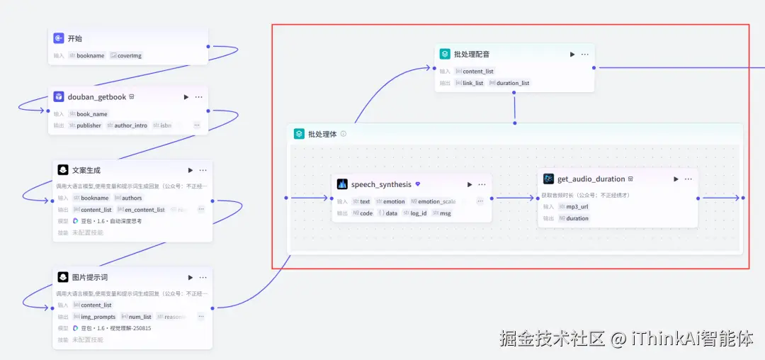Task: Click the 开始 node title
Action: coord(75,38)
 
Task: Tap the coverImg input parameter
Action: coord(130,55)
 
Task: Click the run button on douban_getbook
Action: coord(186,97)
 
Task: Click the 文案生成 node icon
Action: coord(62,170)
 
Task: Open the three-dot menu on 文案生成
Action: coord(203,170)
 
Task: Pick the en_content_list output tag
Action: coord(144,210)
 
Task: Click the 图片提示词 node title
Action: coord(90,277)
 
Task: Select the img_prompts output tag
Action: coord(98,317)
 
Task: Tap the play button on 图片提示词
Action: coord(190,277)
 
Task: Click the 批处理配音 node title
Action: coord(472,54)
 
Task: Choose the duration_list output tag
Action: coord(512,83)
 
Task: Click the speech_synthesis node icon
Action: coord(342,184)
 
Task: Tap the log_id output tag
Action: coord(418,213)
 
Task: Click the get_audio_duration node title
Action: coord(591,179)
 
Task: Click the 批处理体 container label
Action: coord(322,134)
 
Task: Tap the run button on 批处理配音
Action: coord(572,54)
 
